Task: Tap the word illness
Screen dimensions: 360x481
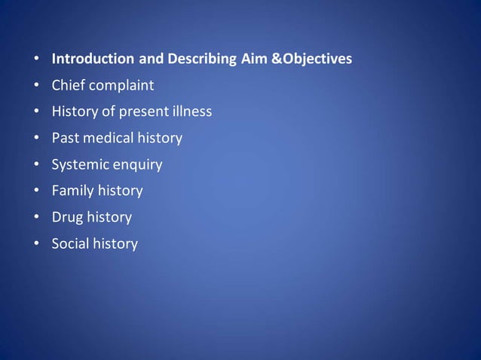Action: (191, 111)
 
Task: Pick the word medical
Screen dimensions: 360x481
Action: (106, 138)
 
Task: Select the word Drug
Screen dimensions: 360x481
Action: (66, 217)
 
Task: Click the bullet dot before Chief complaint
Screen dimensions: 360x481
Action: (36, 86)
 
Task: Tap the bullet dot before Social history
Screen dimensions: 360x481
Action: (36, 244)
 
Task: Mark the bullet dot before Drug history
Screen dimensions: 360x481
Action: (36, 218)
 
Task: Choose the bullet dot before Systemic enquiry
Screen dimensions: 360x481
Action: (36, 165)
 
